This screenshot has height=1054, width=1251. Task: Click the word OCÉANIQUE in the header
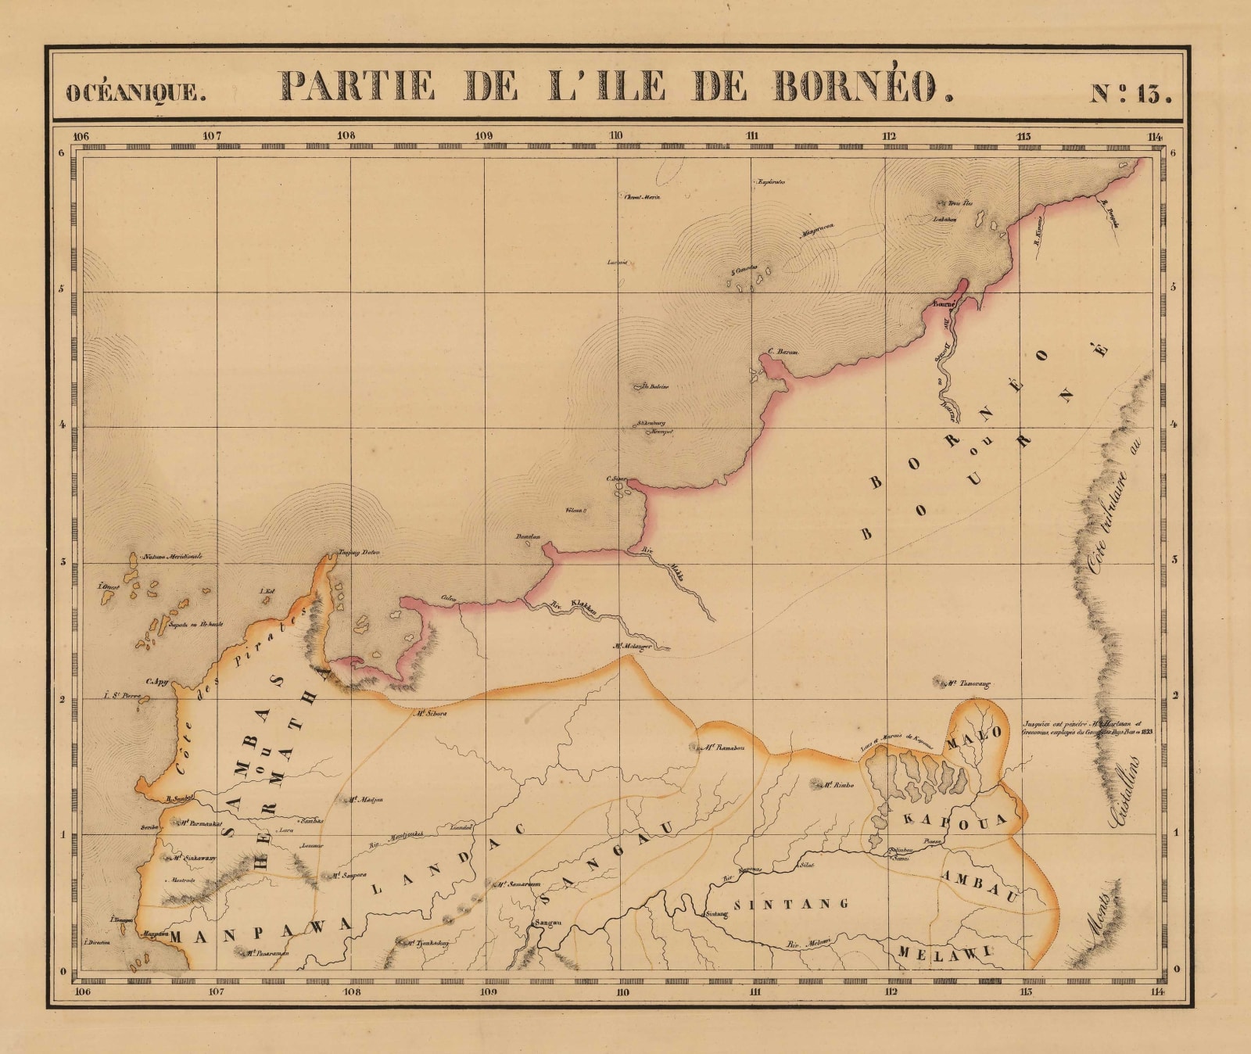click(135, 93)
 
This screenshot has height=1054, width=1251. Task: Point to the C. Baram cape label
click(783, 353)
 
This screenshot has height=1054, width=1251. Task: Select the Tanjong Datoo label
click(358, 553)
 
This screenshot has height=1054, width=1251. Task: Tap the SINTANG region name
click(789, 904)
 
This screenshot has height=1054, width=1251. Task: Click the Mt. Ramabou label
click(722, 747)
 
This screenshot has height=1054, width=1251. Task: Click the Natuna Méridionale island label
click(172, 557)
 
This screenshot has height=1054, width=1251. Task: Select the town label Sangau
click(547, 923)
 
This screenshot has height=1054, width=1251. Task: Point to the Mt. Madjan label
click(365, 800)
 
